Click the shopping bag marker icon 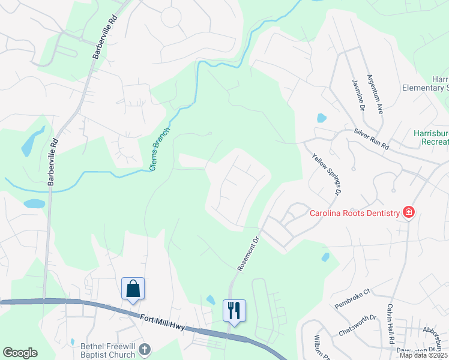point(133,289)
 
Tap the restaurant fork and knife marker point(234,310)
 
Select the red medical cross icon point(409,212)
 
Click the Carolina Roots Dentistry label point(354,213)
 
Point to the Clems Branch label point(160,149)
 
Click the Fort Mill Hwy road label point(161,325)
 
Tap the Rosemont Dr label point(247,253)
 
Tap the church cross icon point(144,349)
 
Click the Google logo point(20,353)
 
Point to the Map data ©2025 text point(423,355)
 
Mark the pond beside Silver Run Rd point(321,118)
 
